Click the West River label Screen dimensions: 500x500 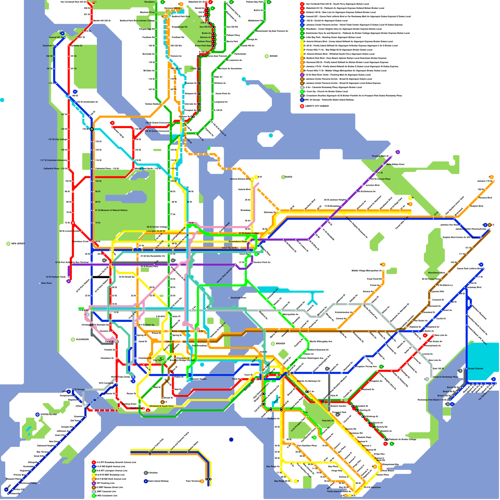pyautogui.click(x=46, y=283)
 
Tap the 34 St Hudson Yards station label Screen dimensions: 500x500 pyautogui.click(x=56, y=277)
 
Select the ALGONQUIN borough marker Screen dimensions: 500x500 pyautogui.click(x=73, y=339)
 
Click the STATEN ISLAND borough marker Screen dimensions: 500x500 pyautogui.click(x=37, y=415)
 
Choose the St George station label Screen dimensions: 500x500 pyautogui.click(x=79, y=389)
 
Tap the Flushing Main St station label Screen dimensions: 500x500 pyautogui.click(x=380, y=156)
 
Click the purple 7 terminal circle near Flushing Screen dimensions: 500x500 pyautogui.click(x=398, y=152)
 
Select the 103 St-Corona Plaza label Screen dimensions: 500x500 pyautogui.click(x=380, y=179)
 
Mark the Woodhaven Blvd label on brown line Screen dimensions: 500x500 pyautogui.click(x=434, y=273)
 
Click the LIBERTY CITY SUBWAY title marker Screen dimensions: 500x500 pyautogui.click(x=302, y=106)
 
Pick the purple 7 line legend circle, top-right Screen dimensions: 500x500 pyautogui.click(x=302, y=75)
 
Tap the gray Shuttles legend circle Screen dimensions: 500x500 pyautogui.click(x=146, y=473)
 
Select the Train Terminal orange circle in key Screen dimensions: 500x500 pyautogui.click(x=202, y=481)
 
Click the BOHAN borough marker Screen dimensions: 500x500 pyautogui.click(x=267, y=56)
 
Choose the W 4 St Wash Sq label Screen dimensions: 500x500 pyautogui.click(x=147, y=325)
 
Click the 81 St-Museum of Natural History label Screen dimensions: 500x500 pyautogui.click(x=111, y=210)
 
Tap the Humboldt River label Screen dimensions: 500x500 pyautogui.click(x=238, y=298)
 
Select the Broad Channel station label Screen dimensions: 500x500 pyautogui.click(x=475, y=369)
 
